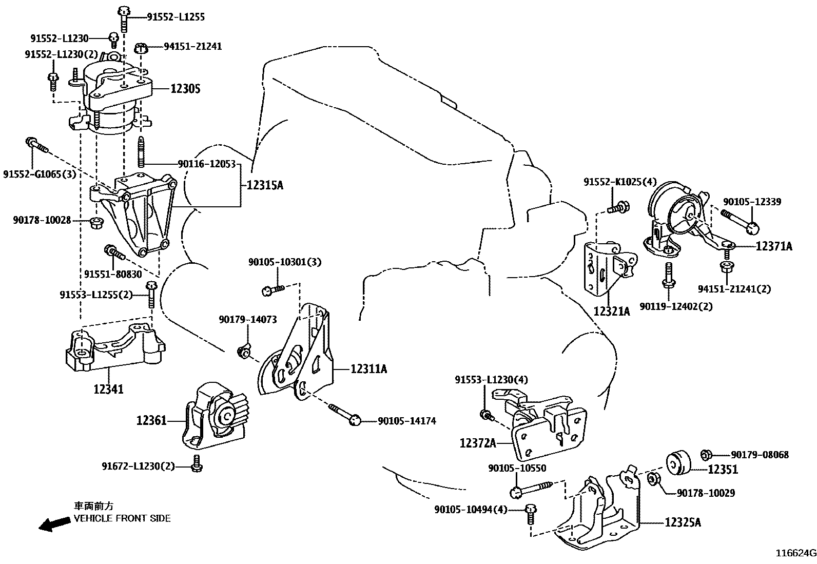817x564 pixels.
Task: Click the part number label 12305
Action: (185, 89)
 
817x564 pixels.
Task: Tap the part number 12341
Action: (108, 390)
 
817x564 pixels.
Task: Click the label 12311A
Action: (369, 369)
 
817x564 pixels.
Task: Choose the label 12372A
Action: (478, 443)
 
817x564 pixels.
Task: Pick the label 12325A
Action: (683, 523)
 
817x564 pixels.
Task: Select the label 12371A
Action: (774, 247)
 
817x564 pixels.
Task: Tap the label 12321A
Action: (611, 311)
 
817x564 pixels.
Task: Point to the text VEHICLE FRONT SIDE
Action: (122, 518)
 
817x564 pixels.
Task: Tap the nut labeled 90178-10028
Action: (95, 223)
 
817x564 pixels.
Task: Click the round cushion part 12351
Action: (677, 461)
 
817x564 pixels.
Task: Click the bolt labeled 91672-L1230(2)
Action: (196, 463)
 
